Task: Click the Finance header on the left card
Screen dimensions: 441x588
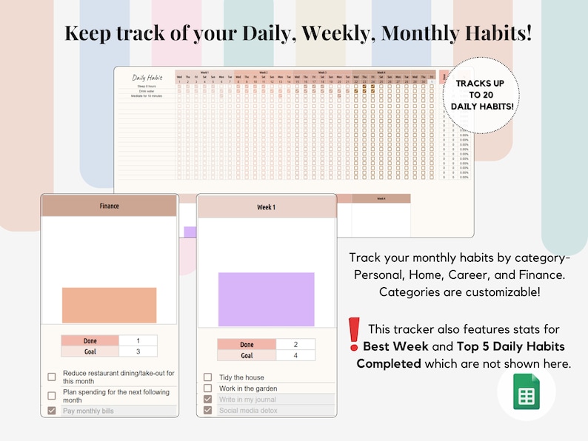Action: point(109,206)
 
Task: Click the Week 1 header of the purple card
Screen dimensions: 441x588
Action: point(266,207)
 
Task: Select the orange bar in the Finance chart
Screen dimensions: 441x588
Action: point(109,305)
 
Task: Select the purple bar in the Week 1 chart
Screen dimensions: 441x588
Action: point(266,299)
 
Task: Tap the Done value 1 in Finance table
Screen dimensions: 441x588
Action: point(138,340)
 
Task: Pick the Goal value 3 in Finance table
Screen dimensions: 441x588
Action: point(138,351)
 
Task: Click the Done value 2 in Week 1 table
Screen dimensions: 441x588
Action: point(295,345)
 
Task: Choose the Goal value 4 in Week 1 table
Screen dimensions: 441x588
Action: point(295,356)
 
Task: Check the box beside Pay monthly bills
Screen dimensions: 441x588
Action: point(51,411)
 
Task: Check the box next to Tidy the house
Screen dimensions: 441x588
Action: point(207,377)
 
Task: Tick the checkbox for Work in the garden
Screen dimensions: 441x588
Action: point(207,388)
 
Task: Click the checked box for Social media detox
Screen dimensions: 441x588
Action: point(207,410)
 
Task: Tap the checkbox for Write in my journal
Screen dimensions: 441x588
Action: point(207,400)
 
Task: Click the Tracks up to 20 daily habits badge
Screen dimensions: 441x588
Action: point(479,95)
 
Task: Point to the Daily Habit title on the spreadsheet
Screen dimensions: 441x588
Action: point(147,78)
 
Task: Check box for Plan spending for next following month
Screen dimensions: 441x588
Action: point(51,396)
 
